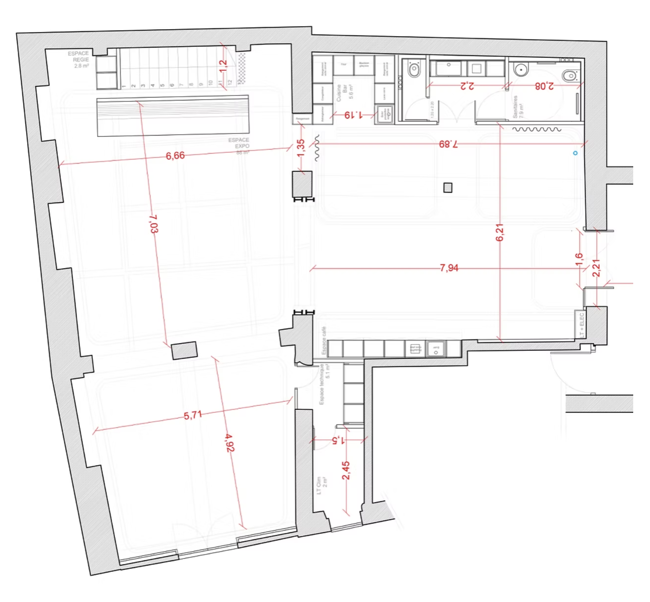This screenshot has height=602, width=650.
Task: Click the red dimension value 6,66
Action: [x=175, y=156]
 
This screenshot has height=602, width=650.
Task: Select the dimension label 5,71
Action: [x=193, y=415]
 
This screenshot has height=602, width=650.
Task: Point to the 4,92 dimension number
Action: [x=229, y=442]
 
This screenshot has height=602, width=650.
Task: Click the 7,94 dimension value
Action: [x=449, y=268]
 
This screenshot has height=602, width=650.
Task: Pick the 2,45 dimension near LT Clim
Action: [x=346, y=471]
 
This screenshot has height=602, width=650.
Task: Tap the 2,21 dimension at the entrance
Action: [x=597, y=268]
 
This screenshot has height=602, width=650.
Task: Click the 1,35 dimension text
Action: [x=301, y=148]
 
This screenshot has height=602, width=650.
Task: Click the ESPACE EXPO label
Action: [x=239, y=143]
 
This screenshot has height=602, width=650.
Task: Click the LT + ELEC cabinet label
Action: [x=581, y=325]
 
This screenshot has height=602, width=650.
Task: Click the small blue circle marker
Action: [x=575, y=153]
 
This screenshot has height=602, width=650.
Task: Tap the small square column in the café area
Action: [x=447, y=187]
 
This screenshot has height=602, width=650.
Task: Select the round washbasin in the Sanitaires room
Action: [x=521, y=70]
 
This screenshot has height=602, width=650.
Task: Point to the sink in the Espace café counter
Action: [x=436, y=349]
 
